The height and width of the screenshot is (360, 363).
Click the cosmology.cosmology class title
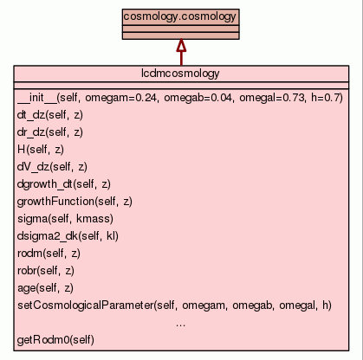click(180, 16)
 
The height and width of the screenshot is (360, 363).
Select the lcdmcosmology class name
click(180, 74)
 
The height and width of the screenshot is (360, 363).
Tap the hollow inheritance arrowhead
click(181, 45)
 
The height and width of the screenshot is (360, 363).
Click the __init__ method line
click(180, 98)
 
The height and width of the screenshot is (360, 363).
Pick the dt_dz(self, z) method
click(50, 115)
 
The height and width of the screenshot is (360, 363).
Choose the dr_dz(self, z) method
click(50, 132)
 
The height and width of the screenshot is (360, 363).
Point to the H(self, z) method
click(41, 150)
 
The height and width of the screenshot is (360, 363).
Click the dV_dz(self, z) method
click(52, 167)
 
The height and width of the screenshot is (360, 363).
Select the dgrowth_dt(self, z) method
click(64, 184)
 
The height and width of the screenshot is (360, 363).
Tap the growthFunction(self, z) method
click(75, 202)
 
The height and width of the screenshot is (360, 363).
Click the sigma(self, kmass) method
click(65, 219)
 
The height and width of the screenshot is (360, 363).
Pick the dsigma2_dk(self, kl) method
click(68, 236)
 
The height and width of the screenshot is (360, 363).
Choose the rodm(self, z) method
click(49, 254)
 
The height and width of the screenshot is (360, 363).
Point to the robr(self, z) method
click(46, 271)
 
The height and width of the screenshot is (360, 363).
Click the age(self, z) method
click(45, 288)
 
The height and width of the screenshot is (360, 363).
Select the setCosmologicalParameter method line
click(175, 305)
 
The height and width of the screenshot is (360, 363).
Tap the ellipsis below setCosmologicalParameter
click(180, 325)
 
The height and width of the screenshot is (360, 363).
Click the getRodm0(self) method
click(55, 340)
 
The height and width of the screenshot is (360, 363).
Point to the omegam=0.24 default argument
click(120, 98)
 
